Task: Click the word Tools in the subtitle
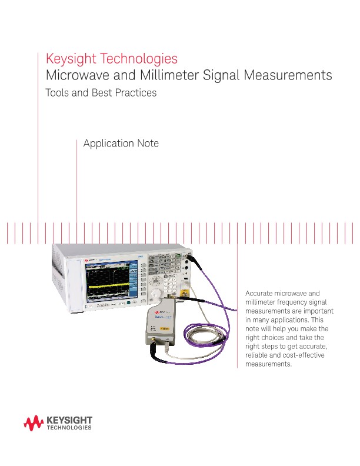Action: click(x=57, y=93)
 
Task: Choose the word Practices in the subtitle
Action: click(x=135, y=93)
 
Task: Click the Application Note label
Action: click(x=121, y=144)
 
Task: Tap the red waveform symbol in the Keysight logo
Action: click(x=34, y=422)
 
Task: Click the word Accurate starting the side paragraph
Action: click(x=259, y=293)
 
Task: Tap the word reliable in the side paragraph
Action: click(x=256, y=355)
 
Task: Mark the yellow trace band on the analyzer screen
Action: click(x=112, y=287)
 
